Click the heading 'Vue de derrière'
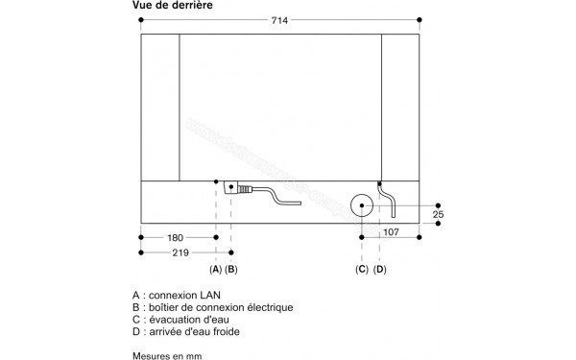point(172,7)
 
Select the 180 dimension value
point(175,237)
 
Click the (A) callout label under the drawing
point(216,271)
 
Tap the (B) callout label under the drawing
point(231,271)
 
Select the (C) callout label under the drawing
point(362,271)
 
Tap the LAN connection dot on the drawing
point(216,183)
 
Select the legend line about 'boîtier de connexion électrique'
point(212,307)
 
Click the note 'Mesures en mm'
point(169,355)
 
